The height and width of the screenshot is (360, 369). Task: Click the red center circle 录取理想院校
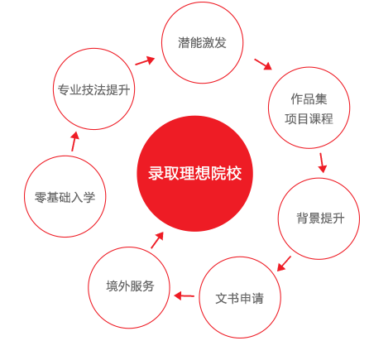pyautogui.click(x=195, y=174)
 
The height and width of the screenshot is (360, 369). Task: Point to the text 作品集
pyautogui.click(x=309, y=99)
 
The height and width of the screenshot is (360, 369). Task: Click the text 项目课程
pyautogui.click(x=309, y=119)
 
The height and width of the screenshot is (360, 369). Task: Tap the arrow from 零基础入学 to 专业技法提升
pyautogui.click(x=74, y=142)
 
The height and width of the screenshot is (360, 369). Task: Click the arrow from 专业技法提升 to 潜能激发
pyautogui.click(x=145, y=61)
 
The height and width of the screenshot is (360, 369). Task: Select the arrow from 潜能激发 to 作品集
pyautogui.click(x=263, y=65)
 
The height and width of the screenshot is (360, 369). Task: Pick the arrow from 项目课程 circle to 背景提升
pyautogui.click(x=322, y=163)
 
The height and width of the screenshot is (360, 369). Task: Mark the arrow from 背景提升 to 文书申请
pyautogui.click(x=284, y=264)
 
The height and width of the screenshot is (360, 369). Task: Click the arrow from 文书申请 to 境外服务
pyautogui.click(x=184, y=296)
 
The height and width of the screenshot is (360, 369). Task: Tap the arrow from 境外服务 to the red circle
pyautogui.click(x=157, y=240)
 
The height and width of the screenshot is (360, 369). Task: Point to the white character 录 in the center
pyautogui.click(x=156, y=173)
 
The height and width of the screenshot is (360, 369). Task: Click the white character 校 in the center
pyautogui.click(x=234, y=173)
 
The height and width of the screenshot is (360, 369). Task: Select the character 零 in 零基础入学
pyautogui.click(x=41, y=198)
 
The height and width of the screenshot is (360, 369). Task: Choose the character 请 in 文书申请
pyautogui.click(x=258, y=299)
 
